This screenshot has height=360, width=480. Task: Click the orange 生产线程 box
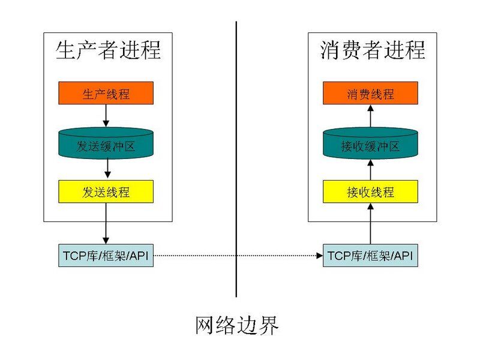point(106,94)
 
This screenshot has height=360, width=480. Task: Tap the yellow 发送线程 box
point(106,192)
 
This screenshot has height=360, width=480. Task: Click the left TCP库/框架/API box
point(106,256)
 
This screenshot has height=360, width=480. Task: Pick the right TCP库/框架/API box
point(370,256)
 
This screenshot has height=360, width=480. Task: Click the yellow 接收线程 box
point(370,192)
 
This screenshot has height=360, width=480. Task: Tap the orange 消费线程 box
point(370,94)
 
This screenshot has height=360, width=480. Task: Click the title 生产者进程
point(108,49)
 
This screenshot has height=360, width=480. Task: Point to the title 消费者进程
point(372,49)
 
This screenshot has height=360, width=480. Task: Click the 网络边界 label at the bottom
point(237,326)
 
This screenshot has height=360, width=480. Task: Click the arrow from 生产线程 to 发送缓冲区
point(106,115)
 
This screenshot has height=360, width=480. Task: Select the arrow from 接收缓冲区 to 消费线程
point(370,116)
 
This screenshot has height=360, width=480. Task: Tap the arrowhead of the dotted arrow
point(319,256)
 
